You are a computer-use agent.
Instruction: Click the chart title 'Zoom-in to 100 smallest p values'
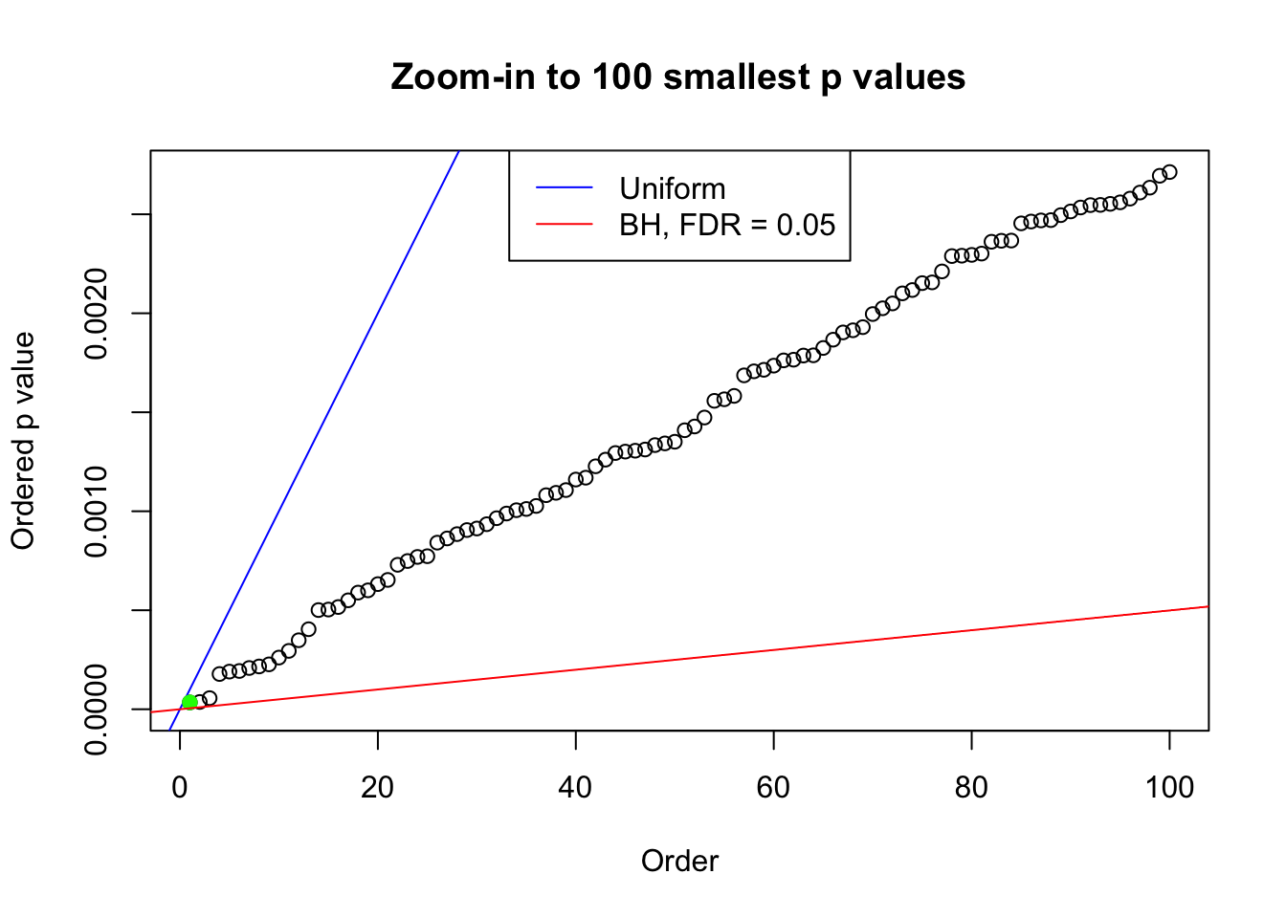pyautogui.click(x=677, y=76)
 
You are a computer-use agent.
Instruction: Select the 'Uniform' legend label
pyautogui.click(x=672, y=188)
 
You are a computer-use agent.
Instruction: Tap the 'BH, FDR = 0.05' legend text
pyautogui.click(x=727, y=225)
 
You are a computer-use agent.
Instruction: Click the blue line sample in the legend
pyautogui.click(x=564, y=188)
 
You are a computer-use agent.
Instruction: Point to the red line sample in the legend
pyautogui.click(x=564, y=225)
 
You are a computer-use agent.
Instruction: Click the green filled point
pyautogui.click(x=189, y=702)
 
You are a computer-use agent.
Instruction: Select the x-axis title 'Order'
pyautogui.click(x=679, y=861)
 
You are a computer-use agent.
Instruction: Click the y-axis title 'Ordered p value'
pyautogui.click(x=23, y=441)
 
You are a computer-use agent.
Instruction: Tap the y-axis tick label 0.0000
pyautogui.click(x=96, y=710)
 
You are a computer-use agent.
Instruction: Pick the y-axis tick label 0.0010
pyautogui.click(x=96, y=512)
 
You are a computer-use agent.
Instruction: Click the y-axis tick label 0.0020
pyautogui.click(x=96, y=314)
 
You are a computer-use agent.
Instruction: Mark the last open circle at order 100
pyautogui.click(x=1169, y=172)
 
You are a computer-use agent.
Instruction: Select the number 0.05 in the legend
pyautogui.click(x=806, y=225)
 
